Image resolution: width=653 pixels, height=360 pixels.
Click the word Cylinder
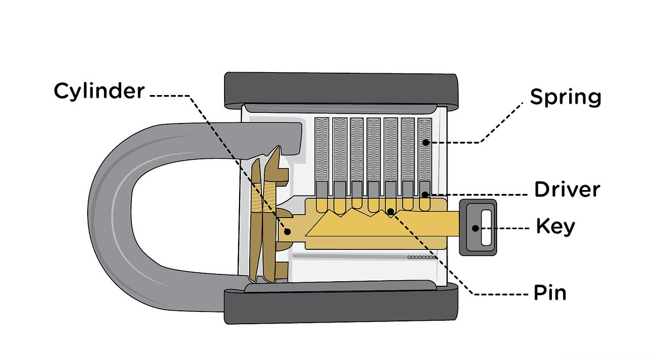coord(99,91)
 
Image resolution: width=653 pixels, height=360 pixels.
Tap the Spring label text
coord(565,97)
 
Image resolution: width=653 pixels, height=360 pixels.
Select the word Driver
coord(566,190)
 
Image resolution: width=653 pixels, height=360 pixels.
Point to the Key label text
coord(555,227)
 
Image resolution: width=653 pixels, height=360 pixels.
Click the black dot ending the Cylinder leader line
coord(288,231)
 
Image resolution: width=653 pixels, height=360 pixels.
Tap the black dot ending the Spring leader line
coord(426,142)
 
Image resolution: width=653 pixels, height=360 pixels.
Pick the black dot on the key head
coord(475,228)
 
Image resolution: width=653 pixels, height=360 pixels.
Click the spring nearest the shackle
coord(322,151)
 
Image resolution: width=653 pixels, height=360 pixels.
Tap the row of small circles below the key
coord(421,257)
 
